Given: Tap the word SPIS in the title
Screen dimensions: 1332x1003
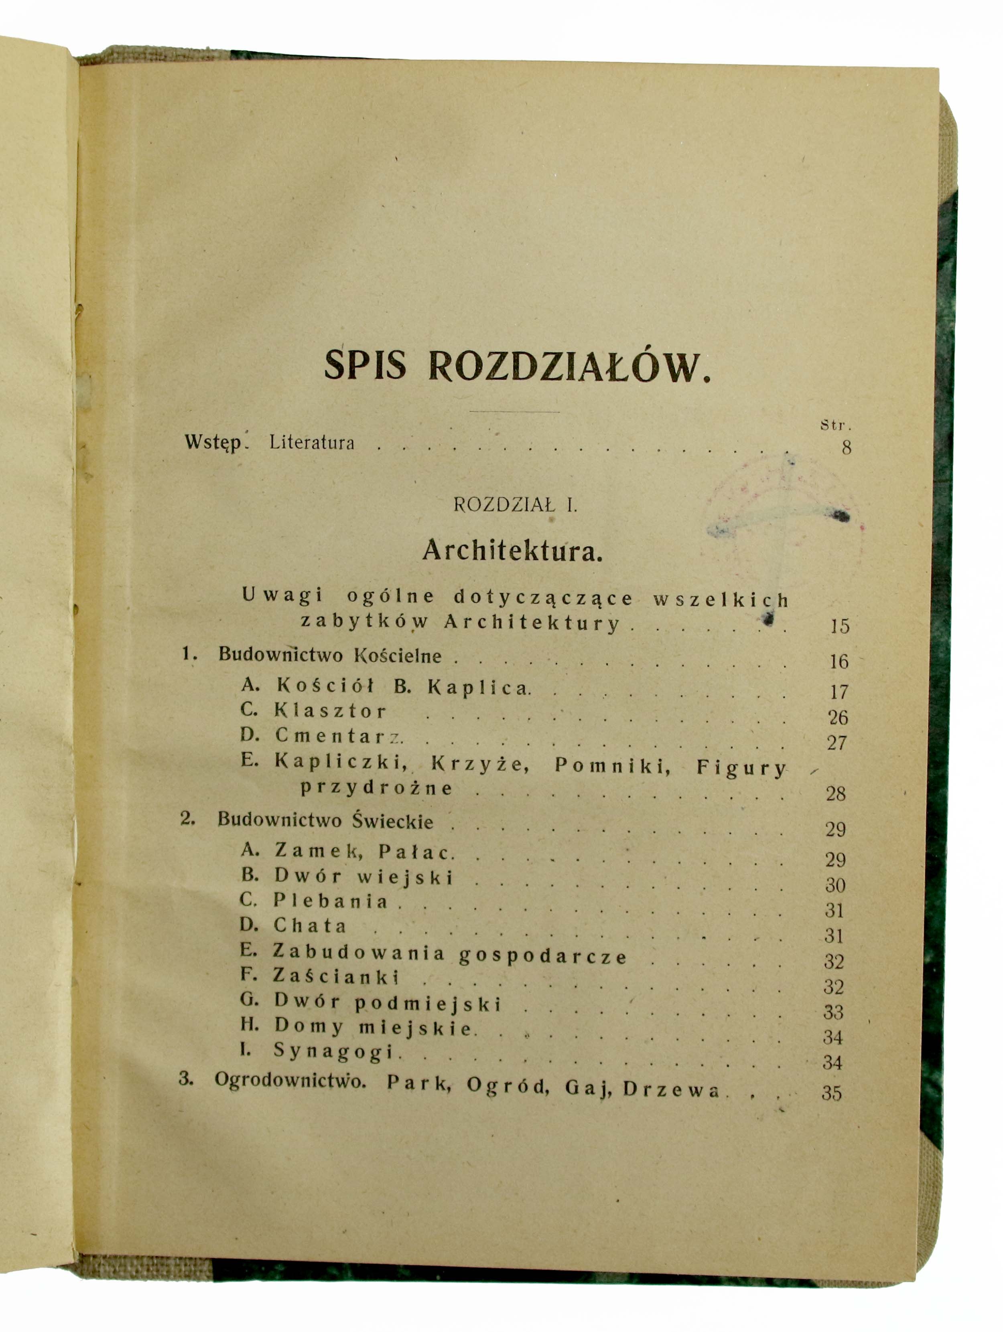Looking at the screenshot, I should click(x=365, y=364).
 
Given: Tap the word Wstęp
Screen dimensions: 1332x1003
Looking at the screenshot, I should click(x=213, y=443).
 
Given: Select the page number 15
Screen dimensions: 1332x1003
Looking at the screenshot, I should click(x=839, y=626).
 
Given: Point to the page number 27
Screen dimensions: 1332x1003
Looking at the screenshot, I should click(x=837, y=743).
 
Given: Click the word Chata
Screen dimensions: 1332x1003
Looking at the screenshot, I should click(x=310, y=925).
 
